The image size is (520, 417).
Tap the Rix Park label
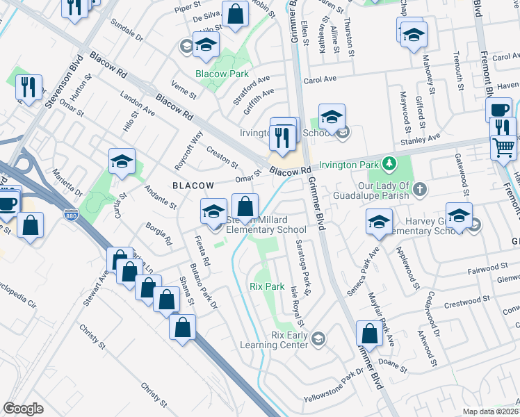[x=267, y=286]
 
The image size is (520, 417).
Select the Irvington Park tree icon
[x=389, y=165]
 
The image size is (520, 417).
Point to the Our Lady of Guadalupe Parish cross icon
[x=419, y=188]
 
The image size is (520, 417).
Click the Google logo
[x=23, y=409]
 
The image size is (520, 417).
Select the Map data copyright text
[x=490, y=411]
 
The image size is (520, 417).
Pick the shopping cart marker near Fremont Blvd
[x=503, y=147]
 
